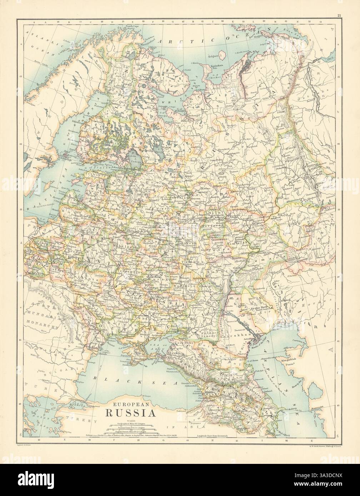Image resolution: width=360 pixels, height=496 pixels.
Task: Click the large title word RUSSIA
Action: pyautogui.click(x=130, y=414)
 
